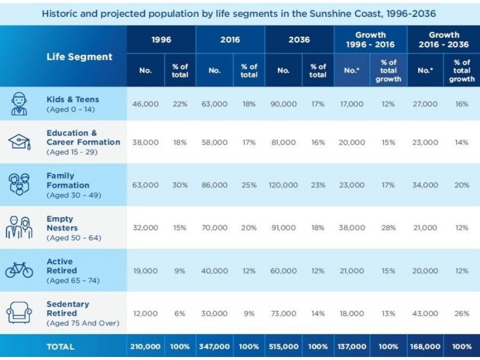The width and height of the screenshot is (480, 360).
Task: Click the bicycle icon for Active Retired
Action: tap(19, 271)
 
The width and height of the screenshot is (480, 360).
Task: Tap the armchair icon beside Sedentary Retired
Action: tap(19, 313)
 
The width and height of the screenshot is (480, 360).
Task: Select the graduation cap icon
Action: tap(19, 142)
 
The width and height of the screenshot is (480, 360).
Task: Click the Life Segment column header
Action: tap(79, 57)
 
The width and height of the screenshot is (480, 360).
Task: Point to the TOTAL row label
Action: tap(60, 347)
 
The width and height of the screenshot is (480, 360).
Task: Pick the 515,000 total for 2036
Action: tap(283, 347)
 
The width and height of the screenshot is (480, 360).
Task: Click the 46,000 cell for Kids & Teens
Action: tap(145, 104)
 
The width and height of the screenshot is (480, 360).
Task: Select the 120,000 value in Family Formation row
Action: tap(283, 185)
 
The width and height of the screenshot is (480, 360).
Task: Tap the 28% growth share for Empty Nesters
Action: tap(388, 228)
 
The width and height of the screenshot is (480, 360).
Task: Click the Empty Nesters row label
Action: tap(63, 224)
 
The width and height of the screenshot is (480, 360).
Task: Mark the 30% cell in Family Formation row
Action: tap(179, 185)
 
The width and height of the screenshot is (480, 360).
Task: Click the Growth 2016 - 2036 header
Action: tap(443, 40)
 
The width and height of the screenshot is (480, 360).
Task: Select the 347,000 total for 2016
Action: tap(214, 347)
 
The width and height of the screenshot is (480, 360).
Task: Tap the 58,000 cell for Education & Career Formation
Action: tap(214, 142)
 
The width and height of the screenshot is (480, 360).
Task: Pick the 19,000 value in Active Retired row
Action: tap(145, 271)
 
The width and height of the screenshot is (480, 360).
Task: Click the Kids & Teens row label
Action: tap(73, 100)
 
